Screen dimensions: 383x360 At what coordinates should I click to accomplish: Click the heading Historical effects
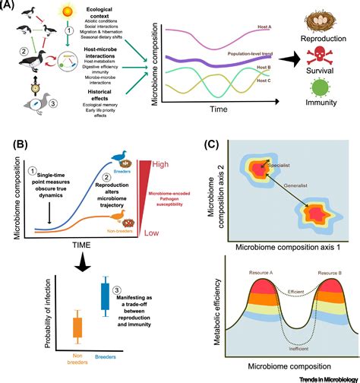point(106,98)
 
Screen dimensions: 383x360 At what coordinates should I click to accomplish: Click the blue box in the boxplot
point(105,296)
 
